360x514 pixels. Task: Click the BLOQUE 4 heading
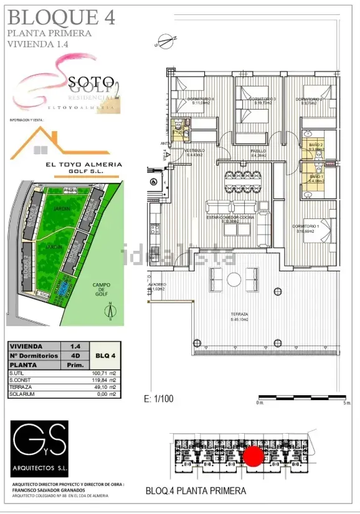(x=61, y=17)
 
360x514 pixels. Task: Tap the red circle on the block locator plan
(x=253, y=456)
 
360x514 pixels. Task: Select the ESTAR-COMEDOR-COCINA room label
(x=232, y=218)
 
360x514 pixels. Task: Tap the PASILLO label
(x=258, y=152)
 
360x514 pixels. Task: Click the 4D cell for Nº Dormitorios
(x=75, y=356)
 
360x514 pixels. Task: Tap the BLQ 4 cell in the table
(x=103, y=356)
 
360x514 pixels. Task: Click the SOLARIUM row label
(x=21, y=395)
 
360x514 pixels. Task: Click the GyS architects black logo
(x=39, y=441)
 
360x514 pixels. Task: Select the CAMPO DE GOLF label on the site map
(x=102, y=292)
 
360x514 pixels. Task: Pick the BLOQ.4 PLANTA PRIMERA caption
(x=196, y=490)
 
